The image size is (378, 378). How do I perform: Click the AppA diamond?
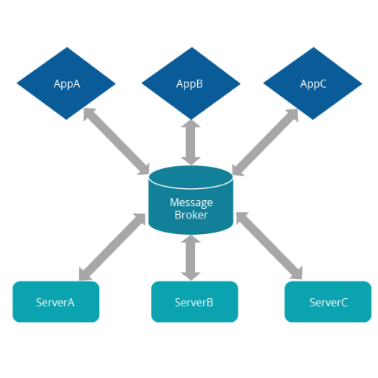(x=66, y=83)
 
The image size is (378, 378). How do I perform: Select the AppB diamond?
(x=191, y=83)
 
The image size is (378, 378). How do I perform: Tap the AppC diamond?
(x=313, y=83)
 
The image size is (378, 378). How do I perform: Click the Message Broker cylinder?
(x=190, y=200)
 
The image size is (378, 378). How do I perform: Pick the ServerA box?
(x=56, y=302)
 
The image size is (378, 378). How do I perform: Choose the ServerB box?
(x=195, y=302)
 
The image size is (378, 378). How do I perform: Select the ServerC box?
(x=328, y=302)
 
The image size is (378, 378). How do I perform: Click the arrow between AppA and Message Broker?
(x=116, y=141)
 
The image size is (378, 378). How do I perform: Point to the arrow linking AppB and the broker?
(x=190, y=142)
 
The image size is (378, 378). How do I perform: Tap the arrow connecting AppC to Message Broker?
(x=265, y=142)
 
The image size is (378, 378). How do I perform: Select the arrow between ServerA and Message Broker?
(x=112, y=247)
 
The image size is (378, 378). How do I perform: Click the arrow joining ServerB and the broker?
(x=190, y=258)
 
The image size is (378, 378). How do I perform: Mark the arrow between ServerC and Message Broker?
(x=269, y=246)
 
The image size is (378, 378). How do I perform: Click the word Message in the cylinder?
(x=191, y=203)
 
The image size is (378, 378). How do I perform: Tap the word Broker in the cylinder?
(x=191, y=215)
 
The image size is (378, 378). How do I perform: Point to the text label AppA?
(x=66, y=84)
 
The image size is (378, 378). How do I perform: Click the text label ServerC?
(x=329, y=303)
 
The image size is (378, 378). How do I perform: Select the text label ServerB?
(x=194, y=303)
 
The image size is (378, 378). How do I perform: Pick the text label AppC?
(x=313, y=84)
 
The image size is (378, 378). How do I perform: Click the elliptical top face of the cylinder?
(x=190, y=177)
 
